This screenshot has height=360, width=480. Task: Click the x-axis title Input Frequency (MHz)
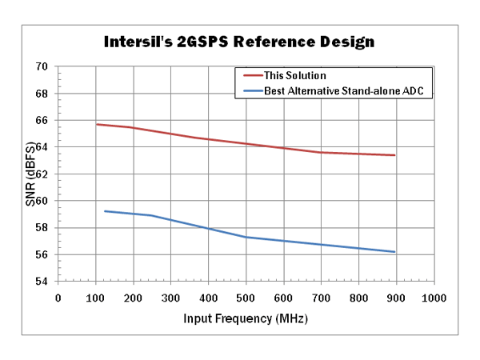(245, 318)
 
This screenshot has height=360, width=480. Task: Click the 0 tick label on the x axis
(58, 298)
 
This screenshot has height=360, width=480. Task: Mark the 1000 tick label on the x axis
(434, 298)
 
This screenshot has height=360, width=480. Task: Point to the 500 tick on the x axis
(246, 298)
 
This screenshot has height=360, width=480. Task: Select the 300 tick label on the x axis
(170, 298)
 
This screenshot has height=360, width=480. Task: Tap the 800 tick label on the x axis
(358, 298)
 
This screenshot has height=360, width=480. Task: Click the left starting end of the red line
(96, 124)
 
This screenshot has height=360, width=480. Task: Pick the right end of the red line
(395, 155)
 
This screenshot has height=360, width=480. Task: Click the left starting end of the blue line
(104, 211)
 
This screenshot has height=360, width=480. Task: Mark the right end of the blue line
(395, 252)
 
